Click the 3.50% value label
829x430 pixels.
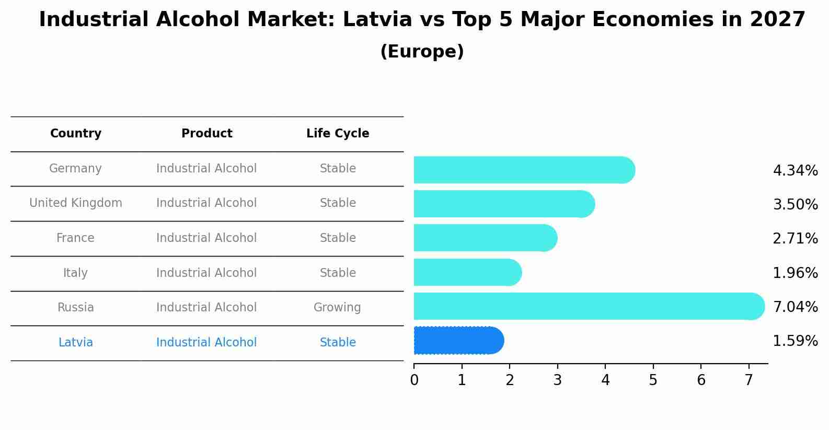coord(795,204)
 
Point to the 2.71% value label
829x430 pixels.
coord(795,238)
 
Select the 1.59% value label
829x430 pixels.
coord(795,341)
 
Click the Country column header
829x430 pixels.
coord(76,134)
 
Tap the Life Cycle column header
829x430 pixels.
coord(338,134)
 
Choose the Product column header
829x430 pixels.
coord(206,134)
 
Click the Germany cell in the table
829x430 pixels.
coord(75,169)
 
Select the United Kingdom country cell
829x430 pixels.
coord(76,203)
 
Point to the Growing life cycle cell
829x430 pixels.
coord(337,308)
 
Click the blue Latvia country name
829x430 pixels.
coord(76,343)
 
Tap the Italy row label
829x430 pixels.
coord(75,273)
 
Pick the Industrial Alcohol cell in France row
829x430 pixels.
coord(206,238)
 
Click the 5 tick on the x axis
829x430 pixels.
coord(653,380)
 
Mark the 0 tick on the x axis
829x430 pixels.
coord(414,380)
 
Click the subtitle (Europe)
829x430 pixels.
coord(422,52)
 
